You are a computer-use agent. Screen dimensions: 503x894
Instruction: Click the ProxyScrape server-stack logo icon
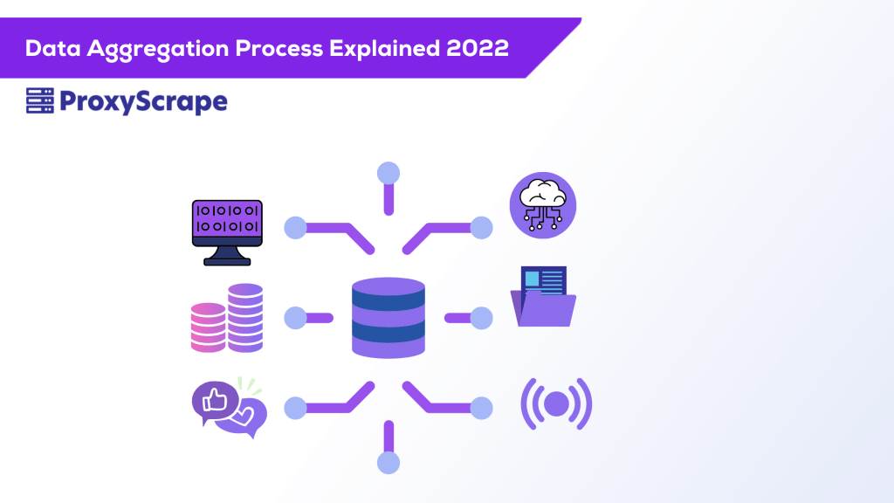click(x=39, y=102)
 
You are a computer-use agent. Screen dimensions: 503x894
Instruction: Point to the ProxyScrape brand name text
click(x=143, y=103)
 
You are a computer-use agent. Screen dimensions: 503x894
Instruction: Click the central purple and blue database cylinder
click(x=389, y=317)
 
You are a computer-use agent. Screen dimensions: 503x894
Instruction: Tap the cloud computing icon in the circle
click(x=543, y=205)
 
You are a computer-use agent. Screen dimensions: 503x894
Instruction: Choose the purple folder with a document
click(x=543, y=298)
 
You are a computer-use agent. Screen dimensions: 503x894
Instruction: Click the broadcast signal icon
click(x=556, y=403)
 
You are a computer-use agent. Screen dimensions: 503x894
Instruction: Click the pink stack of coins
click(x=208, y=327)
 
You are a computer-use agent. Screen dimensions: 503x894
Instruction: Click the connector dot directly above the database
click(x=389, y=173)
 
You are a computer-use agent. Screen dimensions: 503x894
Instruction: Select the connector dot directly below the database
click(x=389, y=463)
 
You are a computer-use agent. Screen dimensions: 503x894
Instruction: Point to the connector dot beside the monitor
click(x=296, y=228)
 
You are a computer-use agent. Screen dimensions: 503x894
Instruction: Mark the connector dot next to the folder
click(x=482, y=318)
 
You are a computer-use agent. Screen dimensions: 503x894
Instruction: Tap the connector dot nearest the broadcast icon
click(x=482, y=407)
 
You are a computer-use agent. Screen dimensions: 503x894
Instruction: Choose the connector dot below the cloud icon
click(x=482, y=228)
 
